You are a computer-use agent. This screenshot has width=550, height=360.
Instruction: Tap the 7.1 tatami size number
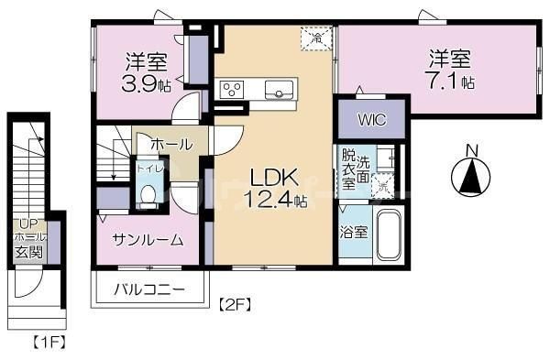click(x=456, y=82)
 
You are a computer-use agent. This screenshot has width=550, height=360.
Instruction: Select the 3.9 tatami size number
click(x=147, y=86)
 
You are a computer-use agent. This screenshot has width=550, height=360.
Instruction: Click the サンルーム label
click(x=148, y=240)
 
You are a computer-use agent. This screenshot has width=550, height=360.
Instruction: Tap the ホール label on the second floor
click(x=170, y=145)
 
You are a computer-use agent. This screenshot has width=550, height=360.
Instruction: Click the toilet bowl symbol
click(x=148, y=195)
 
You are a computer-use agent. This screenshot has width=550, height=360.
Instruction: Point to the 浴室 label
click(x=355, y=232)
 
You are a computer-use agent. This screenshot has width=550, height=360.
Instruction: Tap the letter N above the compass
click(x=469, y=150)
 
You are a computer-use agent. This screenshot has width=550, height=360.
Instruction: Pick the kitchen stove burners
click(x=231, y=89)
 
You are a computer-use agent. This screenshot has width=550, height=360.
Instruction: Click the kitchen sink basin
click(x=279, y=89)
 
